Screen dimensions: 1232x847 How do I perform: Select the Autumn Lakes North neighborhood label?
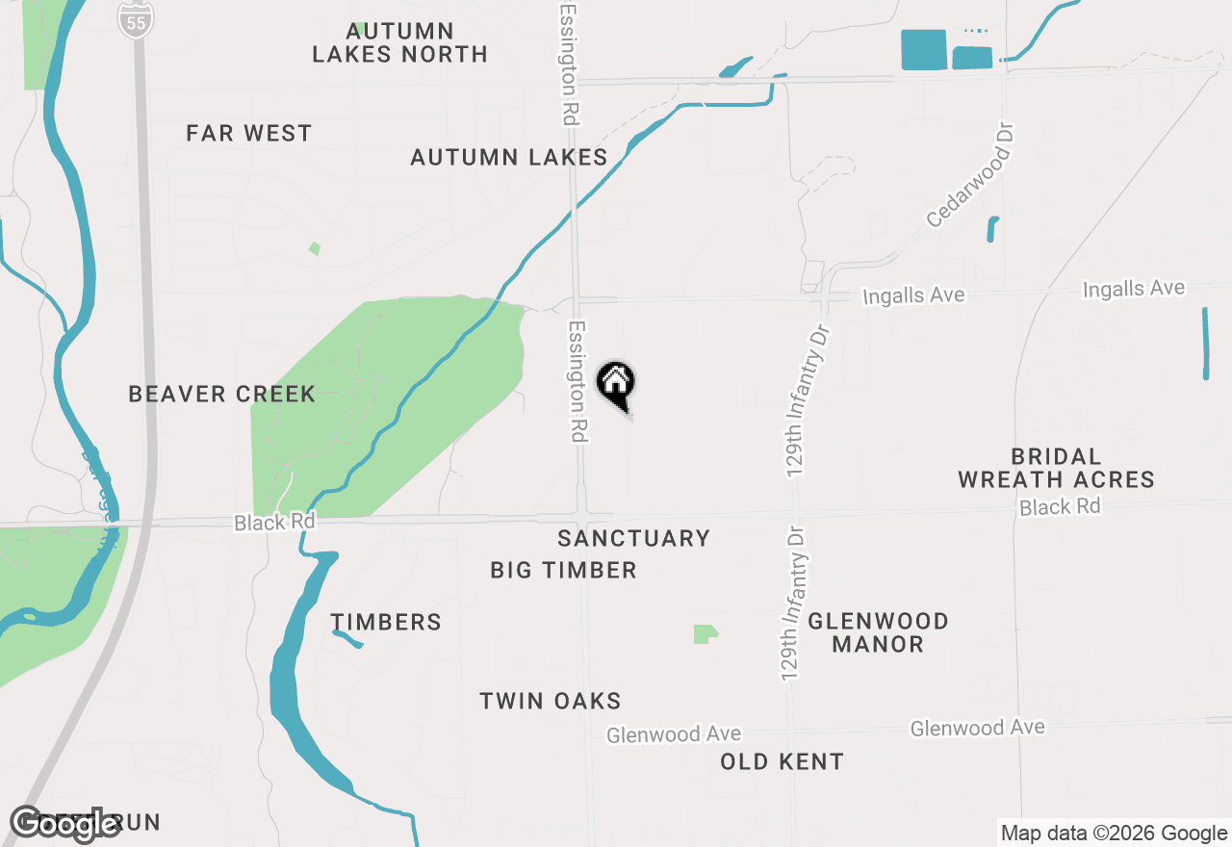399,43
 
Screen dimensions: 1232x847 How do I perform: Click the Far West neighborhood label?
249,134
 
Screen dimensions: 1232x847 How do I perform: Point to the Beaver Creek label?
221,394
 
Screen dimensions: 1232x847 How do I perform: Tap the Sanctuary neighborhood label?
633,538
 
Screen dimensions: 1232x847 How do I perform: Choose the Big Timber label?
563,570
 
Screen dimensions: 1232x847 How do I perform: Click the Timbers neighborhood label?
386,622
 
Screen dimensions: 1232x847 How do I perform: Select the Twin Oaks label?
551,701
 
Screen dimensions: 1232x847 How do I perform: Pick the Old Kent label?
782,761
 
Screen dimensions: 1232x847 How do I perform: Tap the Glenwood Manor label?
878,632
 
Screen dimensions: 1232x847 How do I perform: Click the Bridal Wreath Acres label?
1056,468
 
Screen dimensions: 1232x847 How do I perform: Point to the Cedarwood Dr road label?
971,174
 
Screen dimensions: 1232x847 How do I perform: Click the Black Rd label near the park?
274,523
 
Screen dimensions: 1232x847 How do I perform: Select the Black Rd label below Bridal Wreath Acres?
1060,506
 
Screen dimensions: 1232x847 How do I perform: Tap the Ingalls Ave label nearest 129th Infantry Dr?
913,295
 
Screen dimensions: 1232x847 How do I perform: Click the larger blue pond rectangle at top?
923,49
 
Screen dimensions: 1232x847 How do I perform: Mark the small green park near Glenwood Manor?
706,633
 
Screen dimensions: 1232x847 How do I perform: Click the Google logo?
64,824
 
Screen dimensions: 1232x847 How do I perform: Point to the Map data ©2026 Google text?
1113,834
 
